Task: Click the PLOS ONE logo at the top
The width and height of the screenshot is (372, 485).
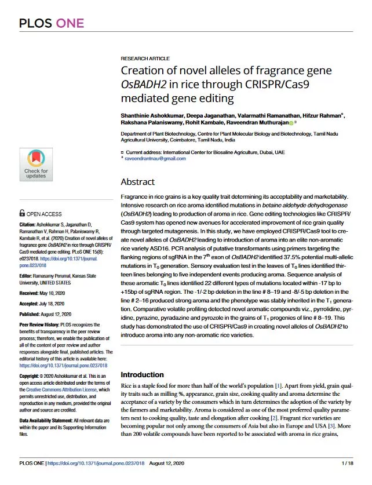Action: point(52,23)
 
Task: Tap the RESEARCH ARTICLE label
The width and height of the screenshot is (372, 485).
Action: point(145,59)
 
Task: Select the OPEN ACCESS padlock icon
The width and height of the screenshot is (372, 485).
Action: point(22,213)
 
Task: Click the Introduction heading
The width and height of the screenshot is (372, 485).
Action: point(142,375)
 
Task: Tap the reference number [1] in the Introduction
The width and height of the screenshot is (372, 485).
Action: point(279,385)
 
